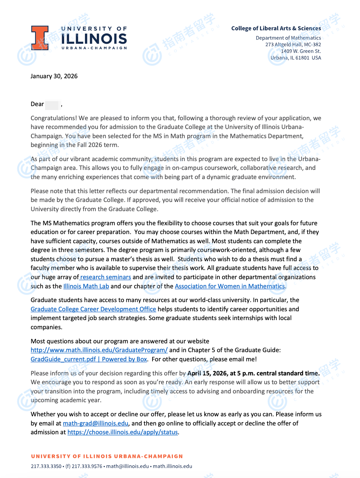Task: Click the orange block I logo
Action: pos(40,38)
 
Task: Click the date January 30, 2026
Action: pos(54,76)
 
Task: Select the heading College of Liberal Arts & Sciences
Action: pos(276,28)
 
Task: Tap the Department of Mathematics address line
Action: pos(288,38)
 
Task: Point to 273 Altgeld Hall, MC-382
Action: pos(293,44)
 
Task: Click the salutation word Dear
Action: pos(37,104)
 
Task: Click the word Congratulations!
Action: pos(54,118)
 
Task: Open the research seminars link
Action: pos(106,277)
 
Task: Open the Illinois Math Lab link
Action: pos(86,286)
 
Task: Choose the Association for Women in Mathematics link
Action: pos(230,286)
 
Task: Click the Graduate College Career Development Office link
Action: pos(93,309)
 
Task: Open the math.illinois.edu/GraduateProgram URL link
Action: pos(99,350)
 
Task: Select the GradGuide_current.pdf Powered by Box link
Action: pos(89,359)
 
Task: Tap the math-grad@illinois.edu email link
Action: pos(95,423)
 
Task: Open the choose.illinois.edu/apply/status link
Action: pos(123,432)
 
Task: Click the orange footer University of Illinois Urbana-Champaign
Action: pos(107,456)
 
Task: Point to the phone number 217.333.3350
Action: pos(46,466)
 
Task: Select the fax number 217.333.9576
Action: pos(87,466)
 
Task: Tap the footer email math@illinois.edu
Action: pos(128,466)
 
